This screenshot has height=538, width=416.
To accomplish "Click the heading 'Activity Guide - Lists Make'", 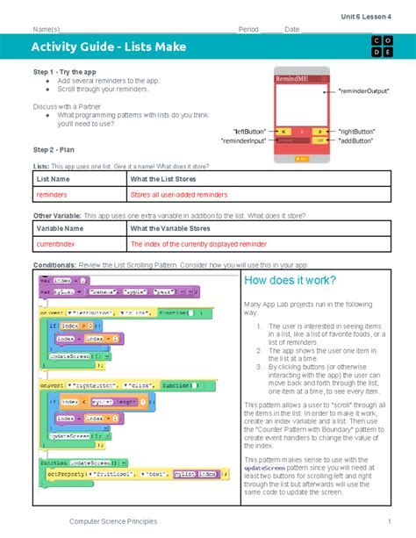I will click(108, 46).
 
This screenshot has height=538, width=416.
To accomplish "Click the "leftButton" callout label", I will click(250, 130).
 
